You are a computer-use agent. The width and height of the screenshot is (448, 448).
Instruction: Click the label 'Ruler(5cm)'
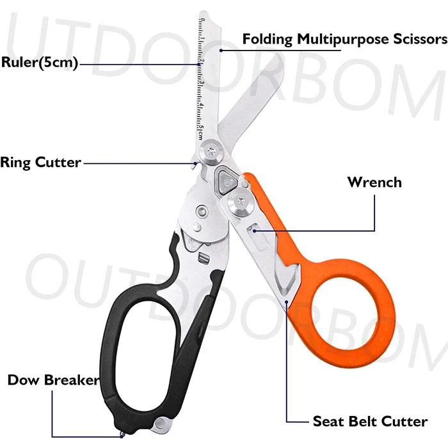[39, 63]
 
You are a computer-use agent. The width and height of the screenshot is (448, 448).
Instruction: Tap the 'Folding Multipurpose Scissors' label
[344, 39]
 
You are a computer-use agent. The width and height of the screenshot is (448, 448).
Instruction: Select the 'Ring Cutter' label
[41, 162]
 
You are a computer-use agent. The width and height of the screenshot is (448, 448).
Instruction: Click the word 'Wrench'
[374, 182]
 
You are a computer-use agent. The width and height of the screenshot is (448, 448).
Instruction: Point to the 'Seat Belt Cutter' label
[369, 421]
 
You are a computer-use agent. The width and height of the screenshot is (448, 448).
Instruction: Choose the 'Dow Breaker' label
[53, 380]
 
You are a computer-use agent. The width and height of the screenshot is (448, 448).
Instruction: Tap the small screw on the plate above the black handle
[202, 211]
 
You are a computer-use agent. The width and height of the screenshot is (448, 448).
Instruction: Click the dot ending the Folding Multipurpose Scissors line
[221, 50]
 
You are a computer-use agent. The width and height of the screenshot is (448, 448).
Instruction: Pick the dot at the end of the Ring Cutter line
[195, 163]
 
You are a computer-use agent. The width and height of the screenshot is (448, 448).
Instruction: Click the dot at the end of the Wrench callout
[255, 230]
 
